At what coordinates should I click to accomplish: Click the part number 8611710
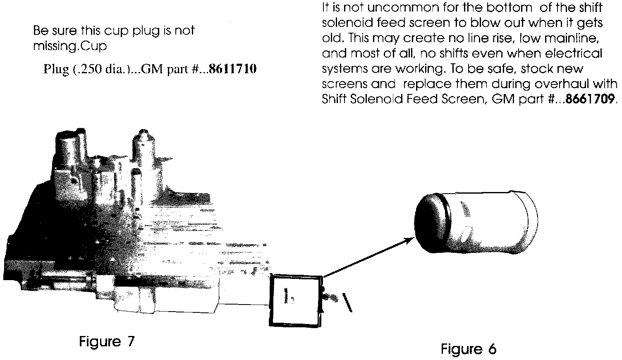coord(233,69)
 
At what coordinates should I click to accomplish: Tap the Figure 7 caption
coord(107,342)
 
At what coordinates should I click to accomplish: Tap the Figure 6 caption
coord(468,349)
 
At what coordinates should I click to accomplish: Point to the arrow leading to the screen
coord(368,257)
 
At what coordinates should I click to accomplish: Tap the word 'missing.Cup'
coord(69,46)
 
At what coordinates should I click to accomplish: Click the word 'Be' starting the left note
coord(40,31)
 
